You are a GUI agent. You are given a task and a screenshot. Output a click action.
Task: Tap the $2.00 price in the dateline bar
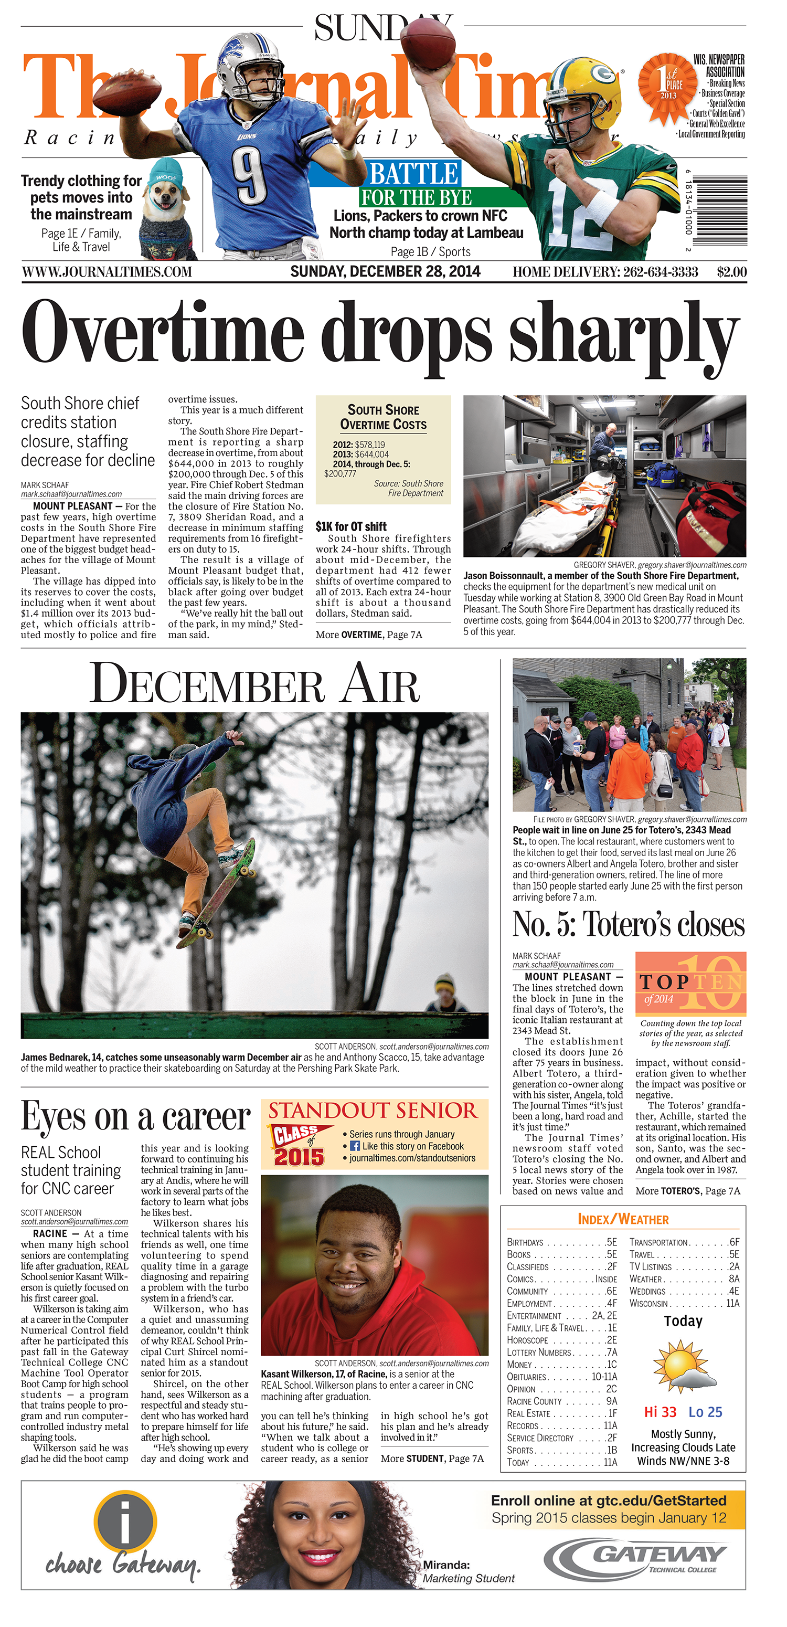click(731, 272)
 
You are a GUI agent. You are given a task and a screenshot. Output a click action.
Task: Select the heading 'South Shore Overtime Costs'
click(384, 417)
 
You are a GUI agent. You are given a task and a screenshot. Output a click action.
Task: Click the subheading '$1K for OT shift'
click(350, 526)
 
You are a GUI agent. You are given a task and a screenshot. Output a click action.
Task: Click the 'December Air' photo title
click(254, 683)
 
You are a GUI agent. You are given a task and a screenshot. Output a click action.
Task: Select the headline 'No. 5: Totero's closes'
click(629, 924)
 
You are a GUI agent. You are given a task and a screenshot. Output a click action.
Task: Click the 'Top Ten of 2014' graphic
click(690, 984)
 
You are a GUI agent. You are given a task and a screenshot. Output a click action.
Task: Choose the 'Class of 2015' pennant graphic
click(300, 1145)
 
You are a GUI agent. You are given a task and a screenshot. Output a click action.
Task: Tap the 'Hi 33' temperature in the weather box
click(660, 1412)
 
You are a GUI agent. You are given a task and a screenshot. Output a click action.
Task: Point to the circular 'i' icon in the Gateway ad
click(125, 1520)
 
